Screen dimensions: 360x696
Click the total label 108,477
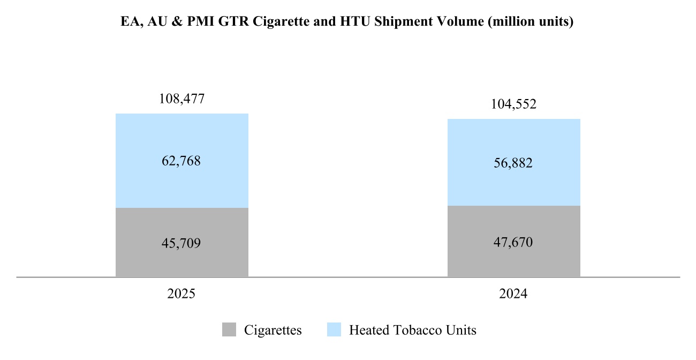point(181,99)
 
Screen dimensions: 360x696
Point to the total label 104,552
point(513,104)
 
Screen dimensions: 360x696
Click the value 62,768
point(181,161)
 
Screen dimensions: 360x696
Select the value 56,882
point(513,163)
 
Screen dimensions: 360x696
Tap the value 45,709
point(181,243)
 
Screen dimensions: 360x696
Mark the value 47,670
point(513,242)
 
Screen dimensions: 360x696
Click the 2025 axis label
point(181,294)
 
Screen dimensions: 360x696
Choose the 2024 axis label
point(513,294)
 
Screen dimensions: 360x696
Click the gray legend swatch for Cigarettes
point(229,330)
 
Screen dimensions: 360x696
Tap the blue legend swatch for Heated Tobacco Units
point(334,330)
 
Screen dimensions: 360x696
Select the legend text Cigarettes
point(273,330)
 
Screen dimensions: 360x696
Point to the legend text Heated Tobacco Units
point(412,330)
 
